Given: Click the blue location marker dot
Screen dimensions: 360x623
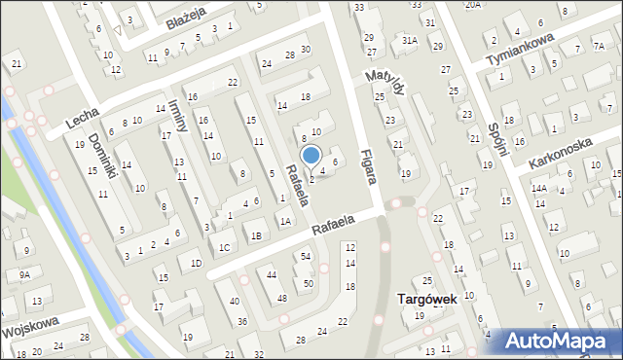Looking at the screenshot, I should (311, 155).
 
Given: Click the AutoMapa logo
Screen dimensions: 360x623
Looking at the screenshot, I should (560, 341).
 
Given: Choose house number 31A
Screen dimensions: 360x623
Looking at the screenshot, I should (410, 40).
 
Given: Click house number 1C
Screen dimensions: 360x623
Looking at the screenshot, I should (224, 247).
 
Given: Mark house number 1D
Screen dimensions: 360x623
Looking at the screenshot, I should (196, 263).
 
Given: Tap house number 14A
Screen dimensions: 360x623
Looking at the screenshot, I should (539, 189).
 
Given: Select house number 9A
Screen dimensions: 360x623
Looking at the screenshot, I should (24, 275).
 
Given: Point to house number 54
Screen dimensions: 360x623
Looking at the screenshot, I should (306, 256).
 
